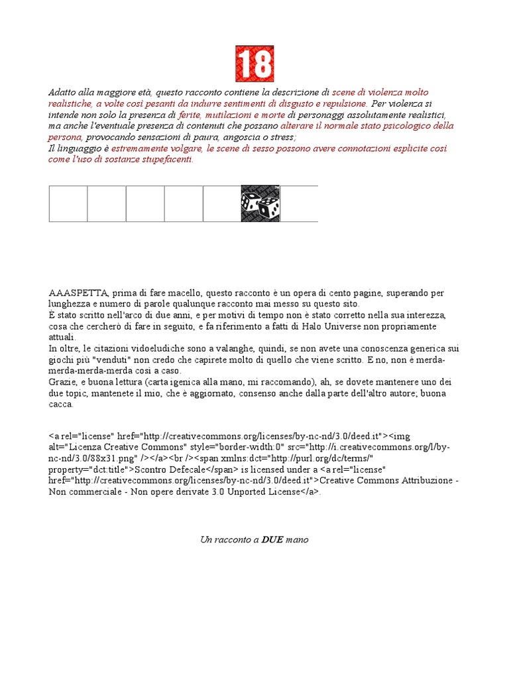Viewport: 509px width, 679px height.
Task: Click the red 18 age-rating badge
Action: tap(254, 64)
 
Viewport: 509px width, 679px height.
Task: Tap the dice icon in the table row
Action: tap(260, 204)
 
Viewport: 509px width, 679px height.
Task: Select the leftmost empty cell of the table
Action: tap(68, 204)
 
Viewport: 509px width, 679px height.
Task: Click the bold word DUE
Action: tap(272, 540)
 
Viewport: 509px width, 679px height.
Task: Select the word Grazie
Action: tap(62, 383)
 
